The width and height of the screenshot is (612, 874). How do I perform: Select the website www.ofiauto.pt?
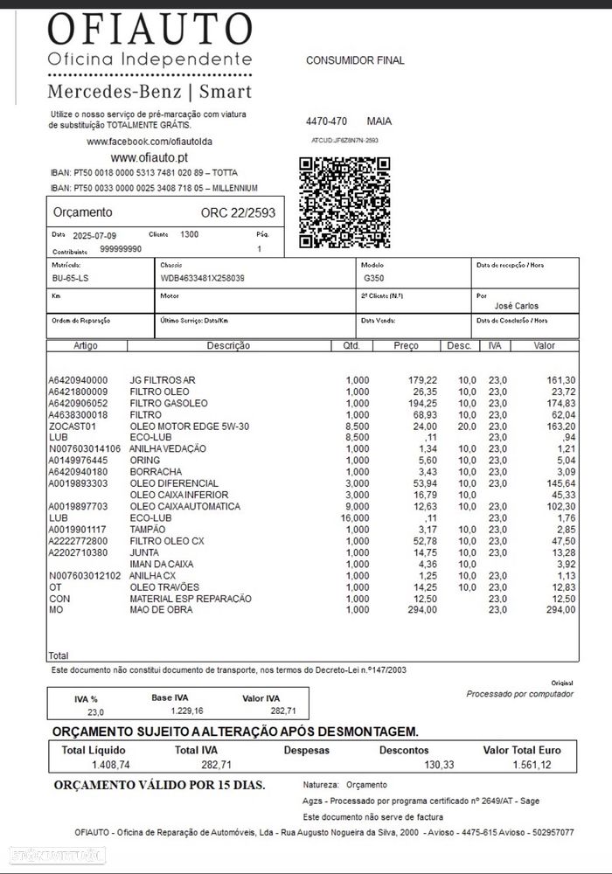(x=149, y=157)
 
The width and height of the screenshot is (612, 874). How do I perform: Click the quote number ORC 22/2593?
(x=238, y=212)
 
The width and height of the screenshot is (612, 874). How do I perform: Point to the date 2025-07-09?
(x=94, y=236)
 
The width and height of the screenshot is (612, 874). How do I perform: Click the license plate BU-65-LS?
(x=70, y=278)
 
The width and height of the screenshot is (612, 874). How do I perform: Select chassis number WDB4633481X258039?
(x=202, y=278)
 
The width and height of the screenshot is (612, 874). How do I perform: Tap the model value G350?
(x=373, y=278)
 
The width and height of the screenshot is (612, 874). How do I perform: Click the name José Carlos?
(x=517, y=306)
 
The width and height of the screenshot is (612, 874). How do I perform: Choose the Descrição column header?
(x=228, y=346)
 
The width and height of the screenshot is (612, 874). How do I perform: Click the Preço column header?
(x=407, y=346)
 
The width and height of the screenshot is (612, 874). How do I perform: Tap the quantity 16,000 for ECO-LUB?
(x=356, y=518)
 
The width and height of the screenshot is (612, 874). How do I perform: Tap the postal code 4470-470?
(x=326, y=121)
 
